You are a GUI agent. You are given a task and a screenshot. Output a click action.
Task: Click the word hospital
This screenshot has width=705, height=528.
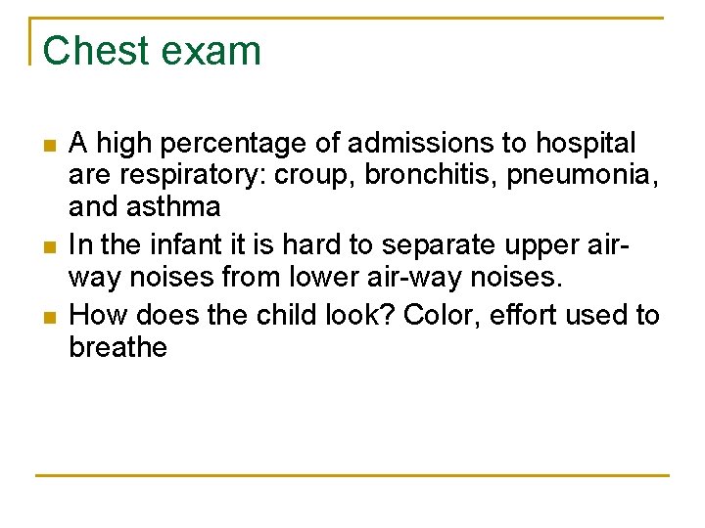point(584,145)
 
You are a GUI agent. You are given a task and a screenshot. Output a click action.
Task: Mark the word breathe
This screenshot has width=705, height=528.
point(118,347)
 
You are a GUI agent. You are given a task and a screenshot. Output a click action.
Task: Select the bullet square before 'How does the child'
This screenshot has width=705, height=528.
point(49,317)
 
